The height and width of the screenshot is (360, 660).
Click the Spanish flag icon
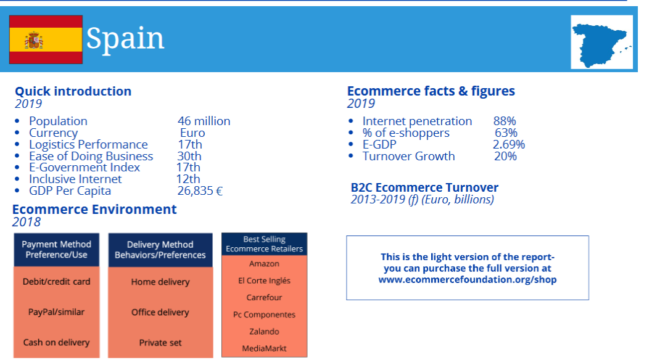point(46,40)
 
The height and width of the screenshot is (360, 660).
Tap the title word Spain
point(125,38)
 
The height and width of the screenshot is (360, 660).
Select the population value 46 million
point(204,121)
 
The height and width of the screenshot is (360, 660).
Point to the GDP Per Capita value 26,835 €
point(199,191)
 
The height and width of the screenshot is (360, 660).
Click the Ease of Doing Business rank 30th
point(189,157)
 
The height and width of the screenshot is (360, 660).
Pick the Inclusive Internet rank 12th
point(188,179)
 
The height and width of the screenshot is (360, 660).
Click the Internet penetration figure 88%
point(505,121)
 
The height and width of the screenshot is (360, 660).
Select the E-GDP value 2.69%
point(509,145)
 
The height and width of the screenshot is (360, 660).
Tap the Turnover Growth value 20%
point(505,157)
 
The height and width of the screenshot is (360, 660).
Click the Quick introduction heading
point(73,91)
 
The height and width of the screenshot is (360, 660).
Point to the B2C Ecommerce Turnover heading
point(424,187)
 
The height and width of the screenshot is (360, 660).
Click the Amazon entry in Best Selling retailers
point(264,264)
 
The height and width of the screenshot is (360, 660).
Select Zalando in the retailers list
point(264,332)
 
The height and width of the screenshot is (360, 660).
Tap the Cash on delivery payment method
point(56,343)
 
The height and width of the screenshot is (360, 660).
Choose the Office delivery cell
point(160,313)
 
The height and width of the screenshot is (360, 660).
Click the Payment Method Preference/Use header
point(56,250)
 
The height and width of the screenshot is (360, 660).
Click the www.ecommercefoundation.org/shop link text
point(468,280)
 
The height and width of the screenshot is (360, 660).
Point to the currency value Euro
point(192,133)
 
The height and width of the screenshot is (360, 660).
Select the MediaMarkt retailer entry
point(264,348)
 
